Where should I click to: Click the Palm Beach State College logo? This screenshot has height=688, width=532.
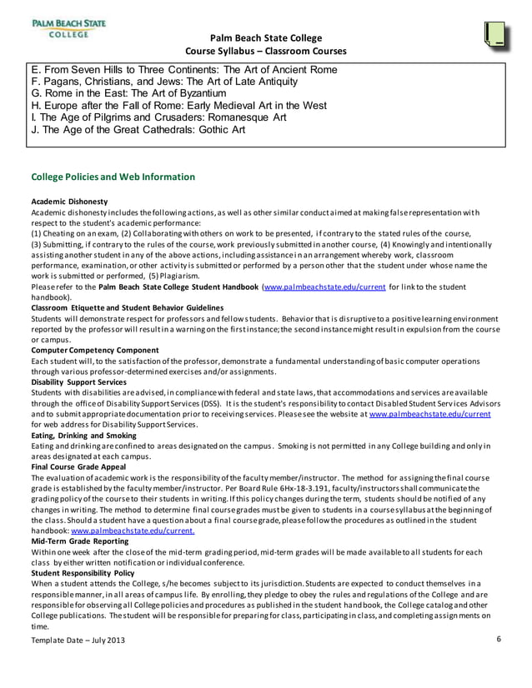tap(68, 28)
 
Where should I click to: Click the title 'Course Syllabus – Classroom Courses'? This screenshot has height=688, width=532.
tap(265, 52)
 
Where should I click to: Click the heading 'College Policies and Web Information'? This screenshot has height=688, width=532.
tap(113, 177)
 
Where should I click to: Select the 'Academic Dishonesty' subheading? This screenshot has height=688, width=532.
tap(69, 202)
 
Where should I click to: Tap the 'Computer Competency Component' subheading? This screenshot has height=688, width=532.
tap(94, 351)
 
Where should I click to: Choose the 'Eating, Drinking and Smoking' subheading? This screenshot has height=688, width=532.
tap(83, 435)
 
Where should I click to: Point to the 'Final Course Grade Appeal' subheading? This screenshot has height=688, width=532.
tap(80, 466)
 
